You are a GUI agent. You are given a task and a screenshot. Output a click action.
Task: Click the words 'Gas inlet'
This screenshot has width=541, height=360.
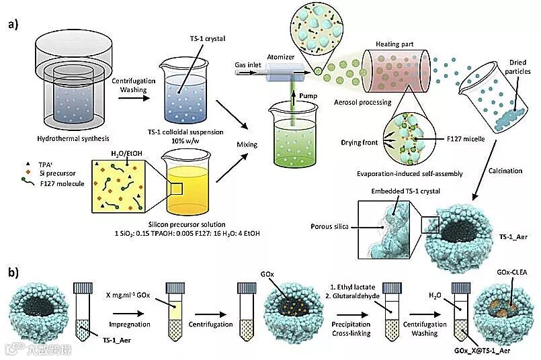[249, 66]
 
